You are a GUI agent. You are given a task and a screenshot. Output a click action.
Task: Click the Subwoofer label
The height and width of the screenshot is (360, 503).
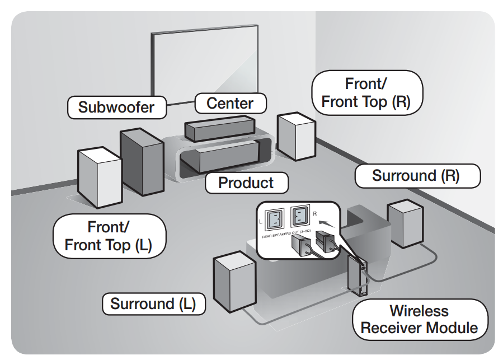tap(116, 106)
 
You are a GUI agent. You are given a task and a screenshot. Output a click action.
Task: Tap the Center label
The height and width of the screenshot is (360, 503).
tap(230, 103)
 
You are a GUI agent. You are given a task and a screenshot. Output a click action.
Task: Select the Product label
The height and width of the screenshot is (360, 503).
tap(246, 183)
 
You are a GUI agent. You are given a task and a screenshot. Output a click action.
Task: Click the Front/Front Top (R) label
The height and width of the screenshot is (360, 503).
tap(367, 93)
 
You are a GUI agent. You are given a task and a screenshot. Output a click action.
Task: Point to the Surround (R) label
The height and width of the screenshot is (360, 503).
tap(416, 175)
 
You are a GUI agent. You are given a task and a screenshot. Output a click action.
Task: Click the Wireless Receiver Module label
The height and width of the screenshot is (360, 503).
tap(419, 319)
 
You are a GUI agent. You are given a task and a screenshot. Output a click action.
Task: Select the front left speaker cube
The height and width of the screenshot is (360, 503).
tap(100, 176)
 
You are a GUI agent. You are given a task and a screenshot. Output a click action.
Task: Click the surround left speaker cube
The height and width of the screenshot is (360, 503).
tap(232, 283)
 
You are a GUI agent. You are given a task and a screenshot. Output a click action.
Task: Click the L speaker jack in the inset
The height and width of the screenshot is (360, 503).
tap(274, 219)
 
